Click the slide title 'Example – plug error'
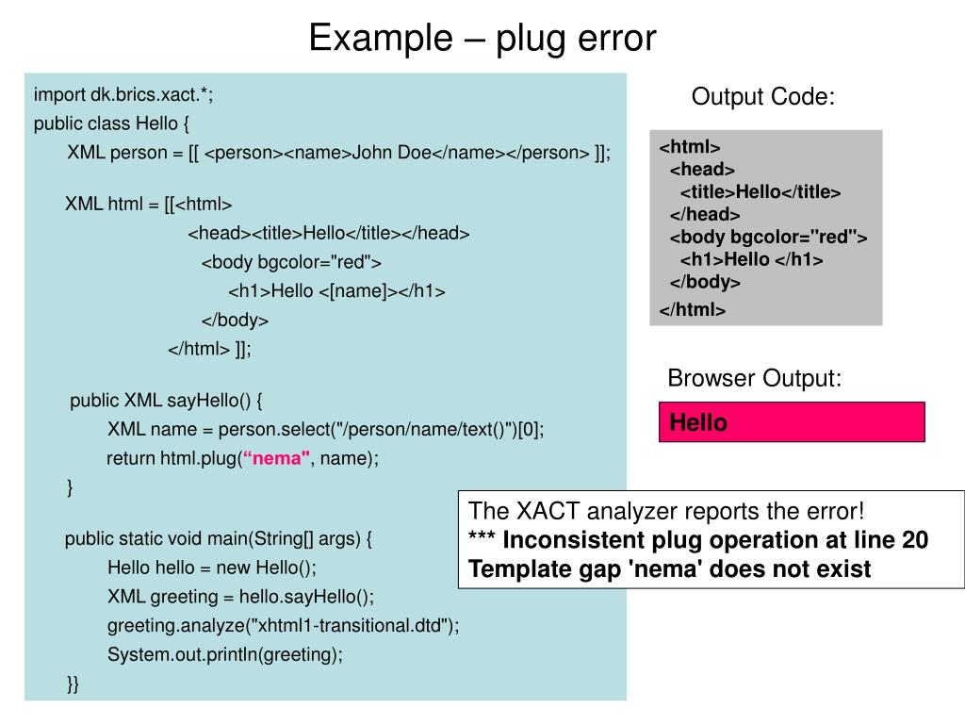point(482,38)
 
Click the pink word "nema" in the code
point(276,458)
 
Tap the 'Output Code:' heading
point(763,97)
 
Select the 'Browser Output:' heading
point(755,378)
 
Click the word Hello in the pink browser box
point(698,422)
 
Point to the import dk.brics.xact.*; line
point(123,95)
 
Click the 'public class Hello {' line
point(111,123)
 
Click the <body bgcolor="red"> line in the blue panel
point(291,262)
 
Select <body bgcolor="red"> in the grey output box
point(768,237)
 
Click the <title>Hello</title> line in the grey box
point(761,192)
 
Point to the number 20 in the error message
point(915,540)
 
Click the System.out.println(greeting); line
point(224,654)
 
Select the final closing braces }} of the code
point(73,684)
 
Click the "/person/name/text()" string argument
point(423,429)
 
